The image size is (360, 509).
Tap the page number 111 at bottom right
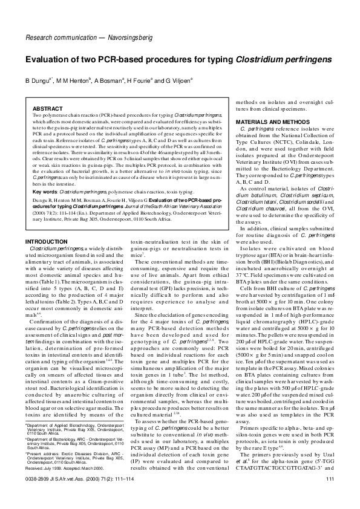330,496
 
